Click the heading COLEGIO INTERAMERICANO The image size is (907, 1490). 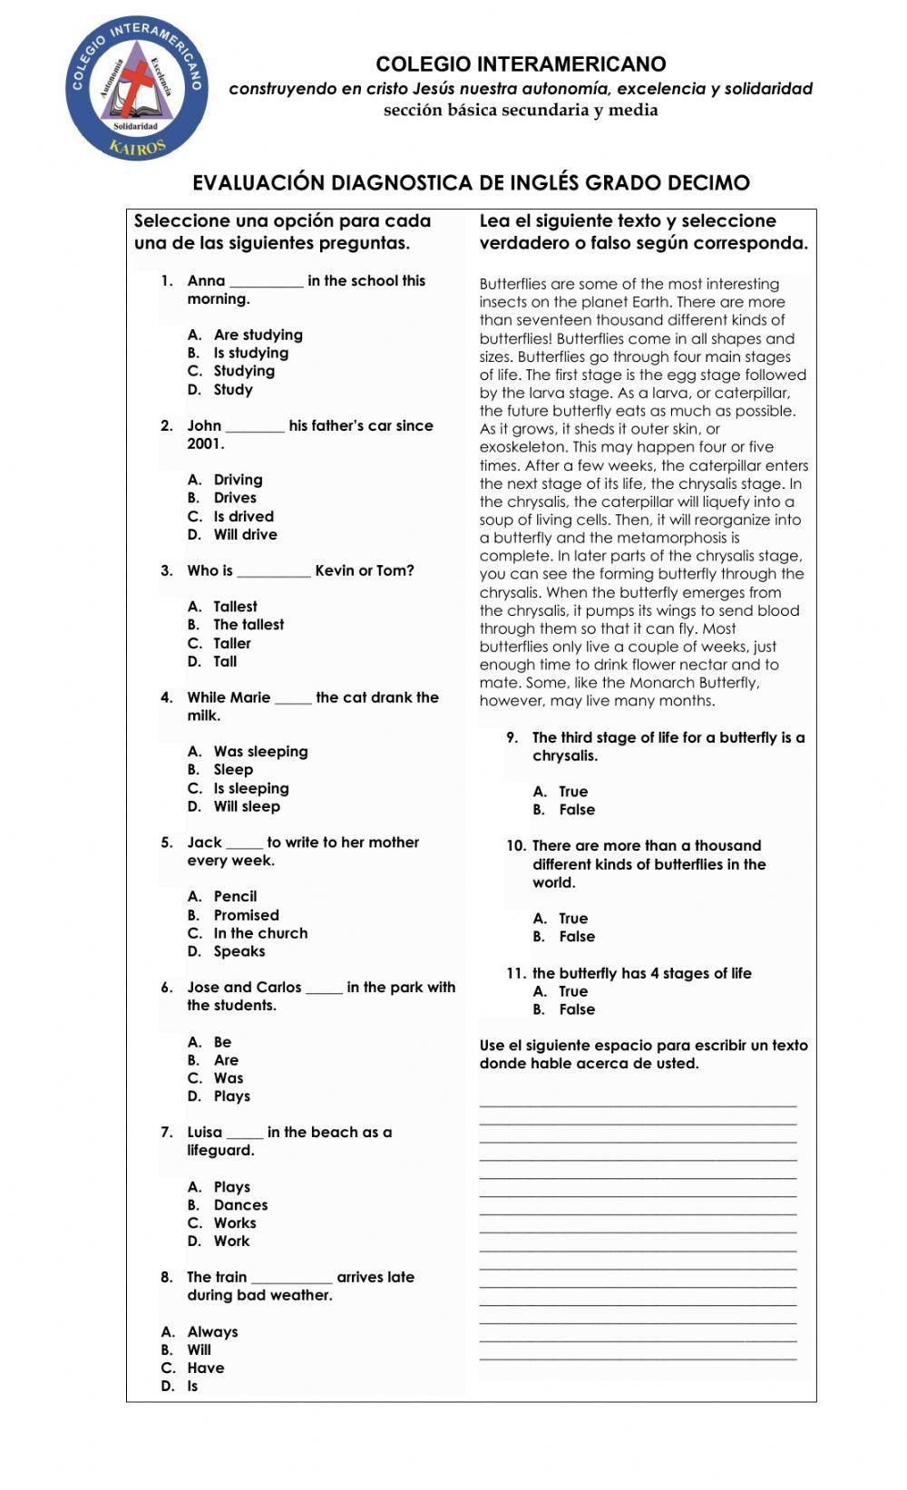521,64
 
